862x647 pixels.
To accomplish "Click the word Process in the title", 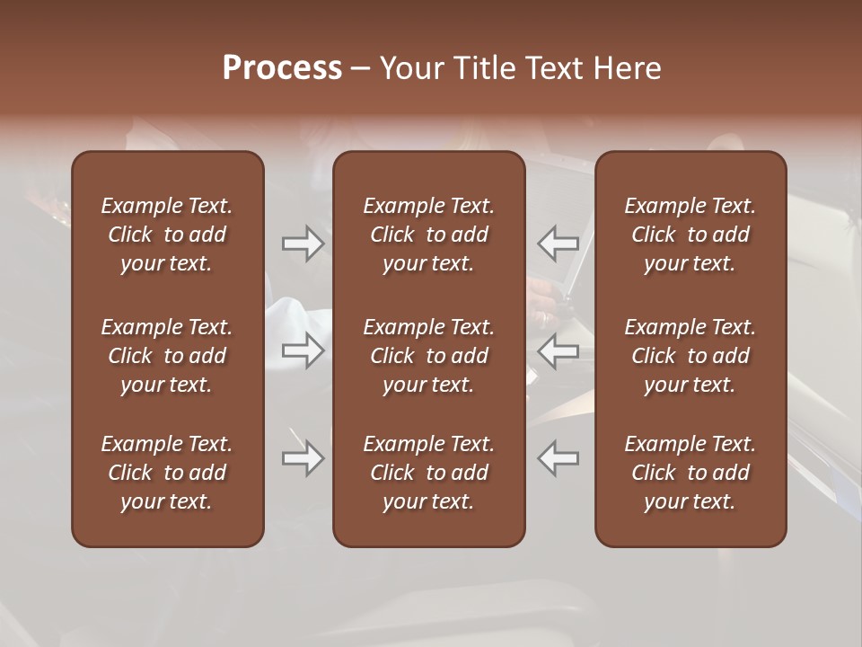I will click(282, 68).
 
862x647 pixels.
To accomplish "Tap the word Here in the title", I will click(628, 68).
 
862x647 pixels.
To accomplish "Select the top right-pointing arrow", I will click(303, 244).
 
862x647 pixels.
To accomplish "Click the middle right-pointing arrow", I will click(303, 350).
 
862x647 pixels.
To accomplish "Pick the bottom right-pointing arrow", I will click(303, 459).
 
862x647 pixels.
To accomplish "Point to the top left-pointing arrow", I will click(558, 244).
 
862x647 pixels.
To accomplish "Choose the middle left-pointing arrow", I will click(558, 350).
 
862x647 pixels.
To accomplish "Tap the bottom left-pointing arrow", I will click(558, 459).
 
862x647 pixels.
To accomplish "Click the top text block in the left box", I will click(167, 235).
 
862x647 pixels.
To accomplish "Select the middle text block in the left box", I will click(167, 356).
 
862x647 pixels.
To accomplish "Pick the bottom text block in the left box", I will click(167, 473).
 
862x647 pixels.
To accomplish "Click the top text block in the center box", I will click(429, 235).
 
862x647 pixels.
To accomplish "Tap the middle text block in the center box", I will click(429, 356).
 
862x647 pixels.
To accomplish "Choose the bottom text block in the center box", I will click(429, 473).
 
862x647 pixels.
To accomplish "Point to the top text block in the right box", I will click(690, 235).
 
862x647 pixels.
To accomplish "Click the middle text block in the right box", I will click(690, 356).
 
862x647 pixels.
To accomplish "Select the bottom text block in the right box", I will click(690, 473).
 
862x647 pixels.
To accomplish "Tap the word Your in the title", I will click(410, 68).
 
